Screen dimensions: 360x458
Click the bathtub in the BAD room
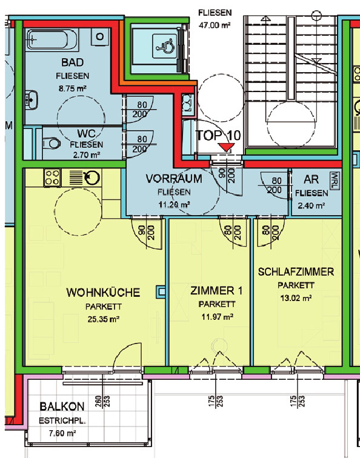click(x=52, y=40)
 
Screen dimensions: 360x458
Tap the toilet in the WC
click(x=51, y=144)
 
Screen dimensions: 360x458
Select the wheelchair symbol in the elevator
click(x=165, y=47)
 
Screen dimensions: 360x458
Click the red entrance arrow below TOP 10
click(x=226, y=147)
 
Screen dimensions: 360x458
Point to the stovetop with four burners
click(x=53, y=178)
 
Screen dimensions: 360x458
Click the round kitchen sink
click(x=92, y=178)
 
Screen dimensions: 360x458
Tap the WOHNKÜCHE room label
click(x=103, y=293)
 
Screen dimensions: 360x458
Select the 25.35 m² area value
click(x=104, y=319)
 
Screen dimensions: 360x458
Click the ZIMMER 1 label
click(x=216, y=291)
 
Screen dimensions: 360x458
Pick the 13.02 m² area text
click(x=296, y=298)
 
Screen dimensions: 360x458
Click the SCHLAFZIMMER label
click(x=296, y=272)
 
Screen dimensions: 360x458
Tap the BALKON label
click(x=62, y=407)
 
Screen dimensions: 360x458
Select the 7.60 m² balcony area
click(x=62, y=433)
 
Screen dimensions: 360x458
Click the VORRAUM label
click(x=174, y=179)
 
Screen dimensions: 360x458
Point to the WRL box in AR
click(x=336, y=181)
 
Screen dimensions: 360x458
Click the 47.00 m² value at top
click(x=214, y=25)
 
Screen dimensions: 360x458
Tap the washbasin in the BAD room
click(x=31, y=99)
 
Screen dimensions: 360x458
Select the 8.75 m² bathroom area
click(x=73, y=88)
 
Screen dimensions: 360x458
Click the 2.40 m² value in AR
click(x=312, y=205)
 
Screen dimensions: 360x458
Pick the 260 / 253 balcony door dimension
click(x=102, y=402)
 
